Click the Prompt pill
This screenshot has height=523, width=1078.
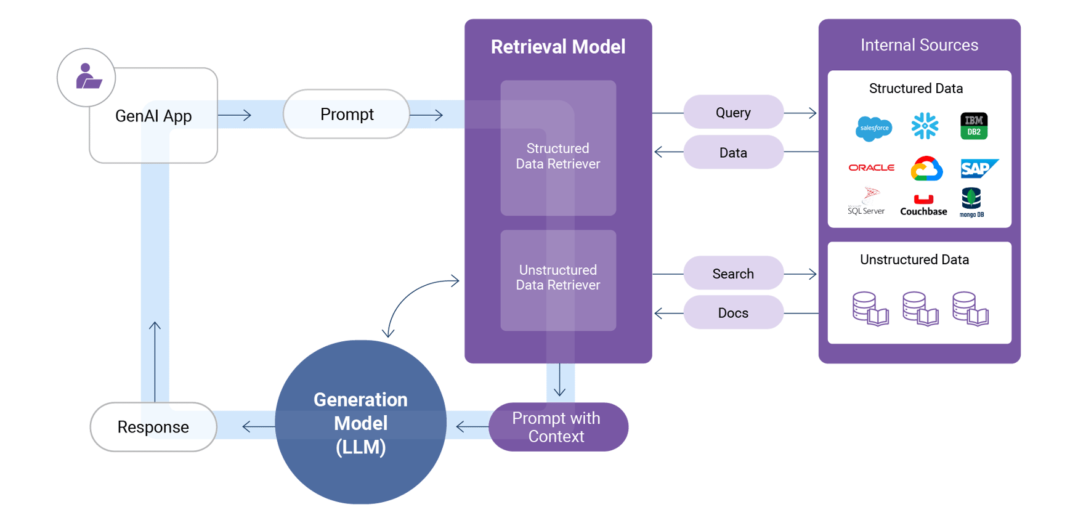[346, 115]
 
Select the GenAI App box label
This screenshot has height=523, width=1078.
[153, 116]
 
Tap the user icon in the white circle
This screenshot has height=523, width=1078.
[87, 77]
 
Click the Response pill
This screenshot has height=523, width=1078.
[153, 427]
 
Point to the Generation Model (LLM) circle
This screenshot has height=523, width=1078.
[360, 423]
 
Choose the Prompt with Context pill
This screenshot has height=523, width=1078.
[556, 427]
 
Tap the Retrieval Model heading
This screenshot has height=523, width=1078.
[557, 47]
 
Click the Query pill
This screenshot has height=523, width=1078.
[733, 112]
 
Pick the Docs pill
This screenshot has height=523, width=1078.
[733, 312]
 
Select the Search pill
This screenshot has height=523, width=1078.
[733, 273]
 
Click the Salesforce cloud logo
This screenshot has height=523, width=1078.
[873, 128]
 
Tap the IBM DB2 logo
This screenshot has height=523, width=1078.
[974, 126]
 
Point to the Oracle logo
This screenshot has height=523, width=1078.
[871, 168]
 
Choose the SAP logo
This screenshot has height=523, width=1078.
[978, 168]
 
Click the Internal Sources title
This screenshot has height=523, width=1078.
[919, 45]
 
